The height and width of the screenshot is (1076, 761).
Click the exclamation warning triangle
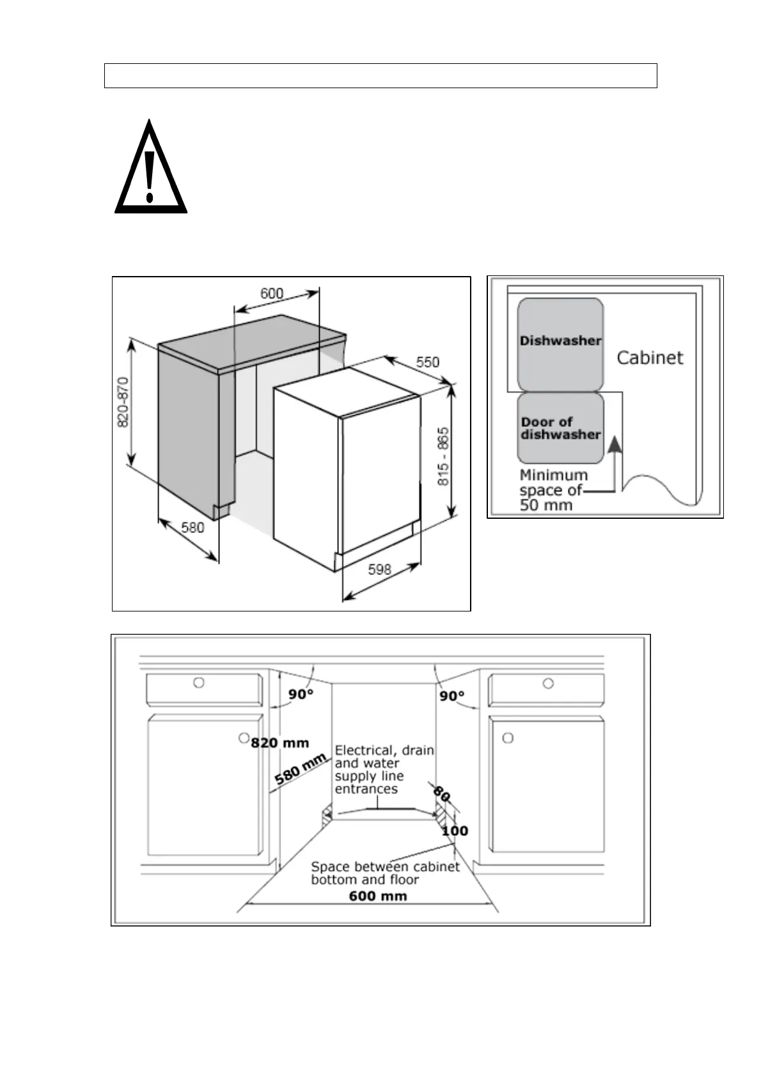(x=150, y=169)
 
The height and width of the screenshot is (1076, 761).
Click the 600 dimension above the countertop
(x=272, y=293)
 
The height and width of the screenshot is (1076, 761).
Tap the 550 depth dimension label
(x=427, y=362)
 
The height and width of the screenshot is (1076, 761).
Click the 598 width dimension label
(x=379, y=569)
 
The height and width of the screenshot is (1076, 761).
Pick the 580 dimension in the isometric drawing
(x=192, y=527)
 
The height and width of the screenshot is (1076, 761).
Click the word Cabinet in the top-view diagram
(x=650, y=358)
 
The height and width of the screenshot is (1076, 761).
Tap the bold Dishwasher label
(x=560, y=341)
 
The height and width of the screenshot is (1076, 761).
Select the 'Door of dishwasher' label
(x=560, y=428)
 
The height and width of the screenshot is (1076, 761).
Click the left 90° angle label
(x=301, y=695)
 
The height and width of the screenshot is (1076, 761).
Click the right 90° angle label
(x=451, y=696)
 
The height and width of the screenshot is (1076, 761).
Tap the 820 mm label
(x=279, y=743)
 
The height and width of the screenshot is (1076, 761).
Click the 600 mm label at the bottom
(x=378, y=896)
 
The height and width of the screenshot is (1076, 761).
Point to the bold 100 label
(x=455, y=831)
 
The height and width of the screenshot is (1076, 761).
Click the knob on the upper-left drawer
(x=199, y=683)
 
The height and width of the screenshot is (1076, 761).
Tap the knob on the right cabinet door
(x=508, y=739)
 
